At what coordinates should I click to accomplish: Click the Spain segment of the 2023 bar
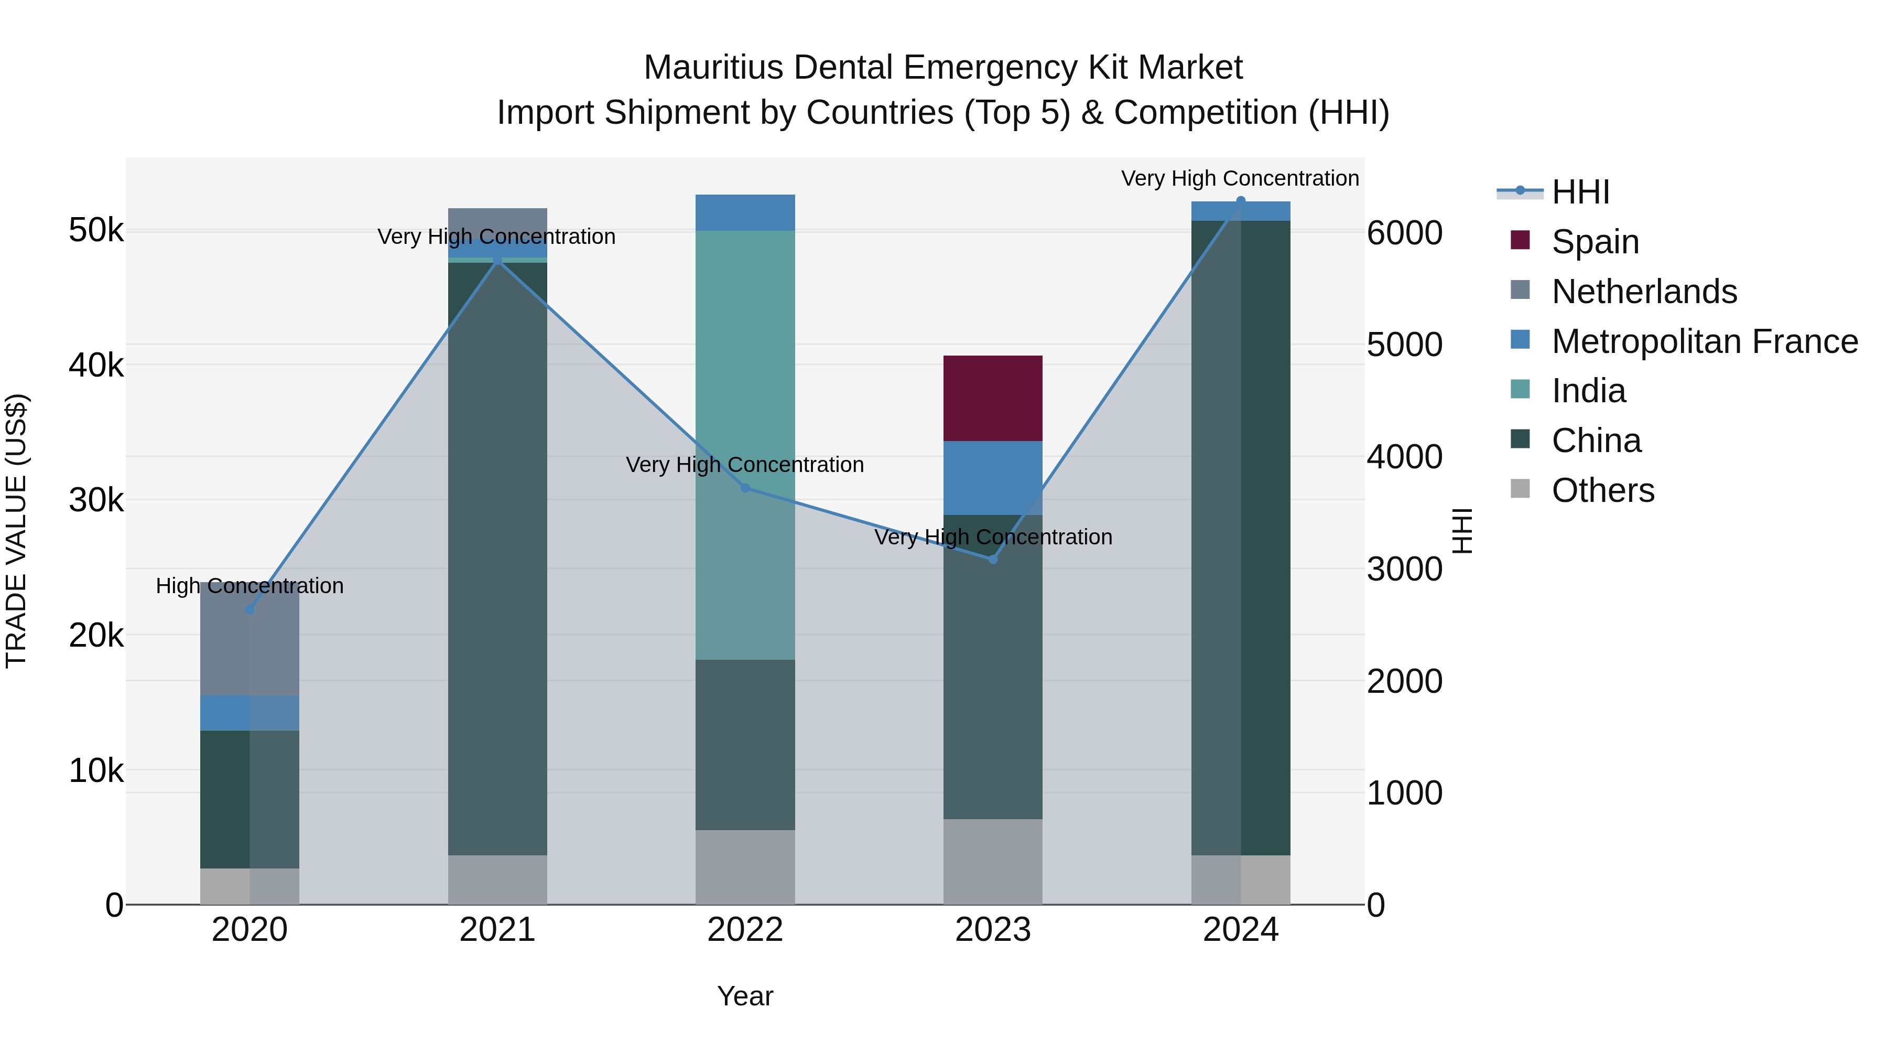tap(993, 398)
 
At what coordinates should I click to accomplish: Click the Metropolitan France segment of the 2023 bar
tap(993, 477)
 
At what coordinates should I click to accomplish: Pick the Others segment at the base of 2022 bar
tap(745, 866)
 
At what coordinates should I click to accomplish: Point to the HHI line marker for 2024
tap(1240, 200)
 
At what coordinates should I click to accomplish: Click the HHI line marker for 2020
tap(250, 609)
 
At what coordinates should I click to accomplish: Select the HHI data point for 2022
tap(745, 487)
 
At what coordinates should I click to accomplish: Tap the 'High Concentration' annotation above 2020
tap(250, 586)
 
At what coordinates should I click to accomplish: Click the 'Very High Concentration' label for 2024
tap(1240, 178)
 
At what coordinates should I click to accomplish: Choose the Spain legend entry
tap(1595, 242)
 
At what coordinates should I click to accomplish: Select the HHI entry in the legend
tap(1580, 192)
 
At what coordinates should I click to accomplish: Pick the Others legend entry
tap(1602, 490)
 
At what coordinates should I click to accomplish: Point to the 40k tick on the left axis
tap(96, 364)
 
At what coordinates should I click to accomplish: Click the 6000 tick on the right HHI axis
tap(1404, 233)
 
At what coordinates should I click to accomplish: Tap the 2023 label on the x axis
tap(993, 930)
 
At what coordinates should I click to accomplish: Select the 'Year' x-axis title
tap(745, 996)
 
